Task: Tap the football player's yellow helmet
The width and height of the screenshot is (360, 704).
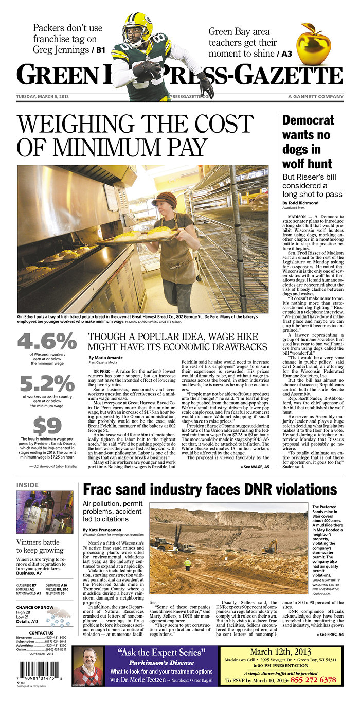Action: coord(137,27)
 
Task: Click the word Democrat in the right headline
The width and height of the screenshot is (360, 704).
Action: coord(308,120)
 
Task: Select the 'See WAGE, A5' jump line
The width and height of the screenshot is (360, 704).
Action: coord(255,467)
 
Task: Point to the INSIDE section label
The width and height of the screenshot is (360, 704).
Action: coord(27,485)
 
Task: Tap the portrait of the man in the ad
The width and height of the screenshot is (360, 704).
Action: coord(86,665)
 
